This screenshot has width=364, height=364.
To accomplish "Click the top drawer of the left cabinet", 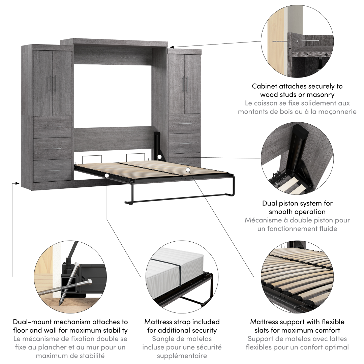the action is point(52,127).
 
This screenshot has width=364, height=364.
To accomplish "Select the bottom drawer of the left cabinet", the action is point(52,170).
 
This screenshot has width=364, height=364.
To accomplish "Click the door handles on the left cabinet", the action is point(53,84).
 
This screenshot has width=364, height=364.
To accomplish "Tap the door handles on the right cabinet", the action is point(185,84).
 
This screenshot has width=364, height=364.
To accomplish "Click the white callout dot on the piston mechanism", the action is point(159,157).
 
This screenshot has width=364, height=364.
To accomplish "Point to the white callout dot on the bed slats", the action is point(188,170).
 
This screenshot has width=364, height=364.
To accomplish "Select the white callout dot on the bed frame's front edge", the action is point(107,176).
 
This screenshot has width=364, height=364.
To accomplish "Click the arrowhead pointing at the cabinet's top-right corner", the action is point(171,47).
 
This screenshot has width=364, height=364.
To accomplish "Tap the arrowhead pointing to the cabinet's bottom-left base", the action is point(17,183).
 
